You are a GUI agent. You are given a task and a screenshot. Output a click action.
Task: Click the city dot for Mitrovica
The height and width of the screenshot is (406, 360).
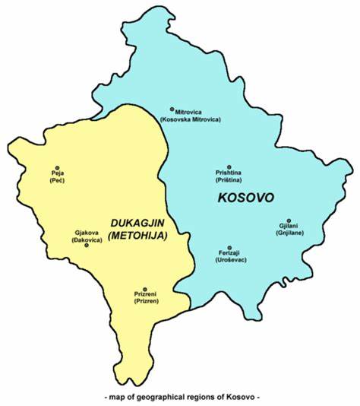click(172, 109)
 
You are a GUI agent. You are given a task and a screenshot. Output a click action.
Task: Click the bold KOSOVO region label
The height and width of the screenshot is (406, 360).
click(245, 198)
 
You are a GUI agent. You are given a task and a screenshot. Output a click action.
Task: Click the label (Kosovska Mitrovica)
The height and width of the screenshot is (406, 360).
click(190, 120)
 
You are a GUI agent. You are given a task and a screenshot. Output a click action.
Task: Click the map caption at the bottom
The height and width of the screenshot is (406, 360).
click(180, 398)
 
